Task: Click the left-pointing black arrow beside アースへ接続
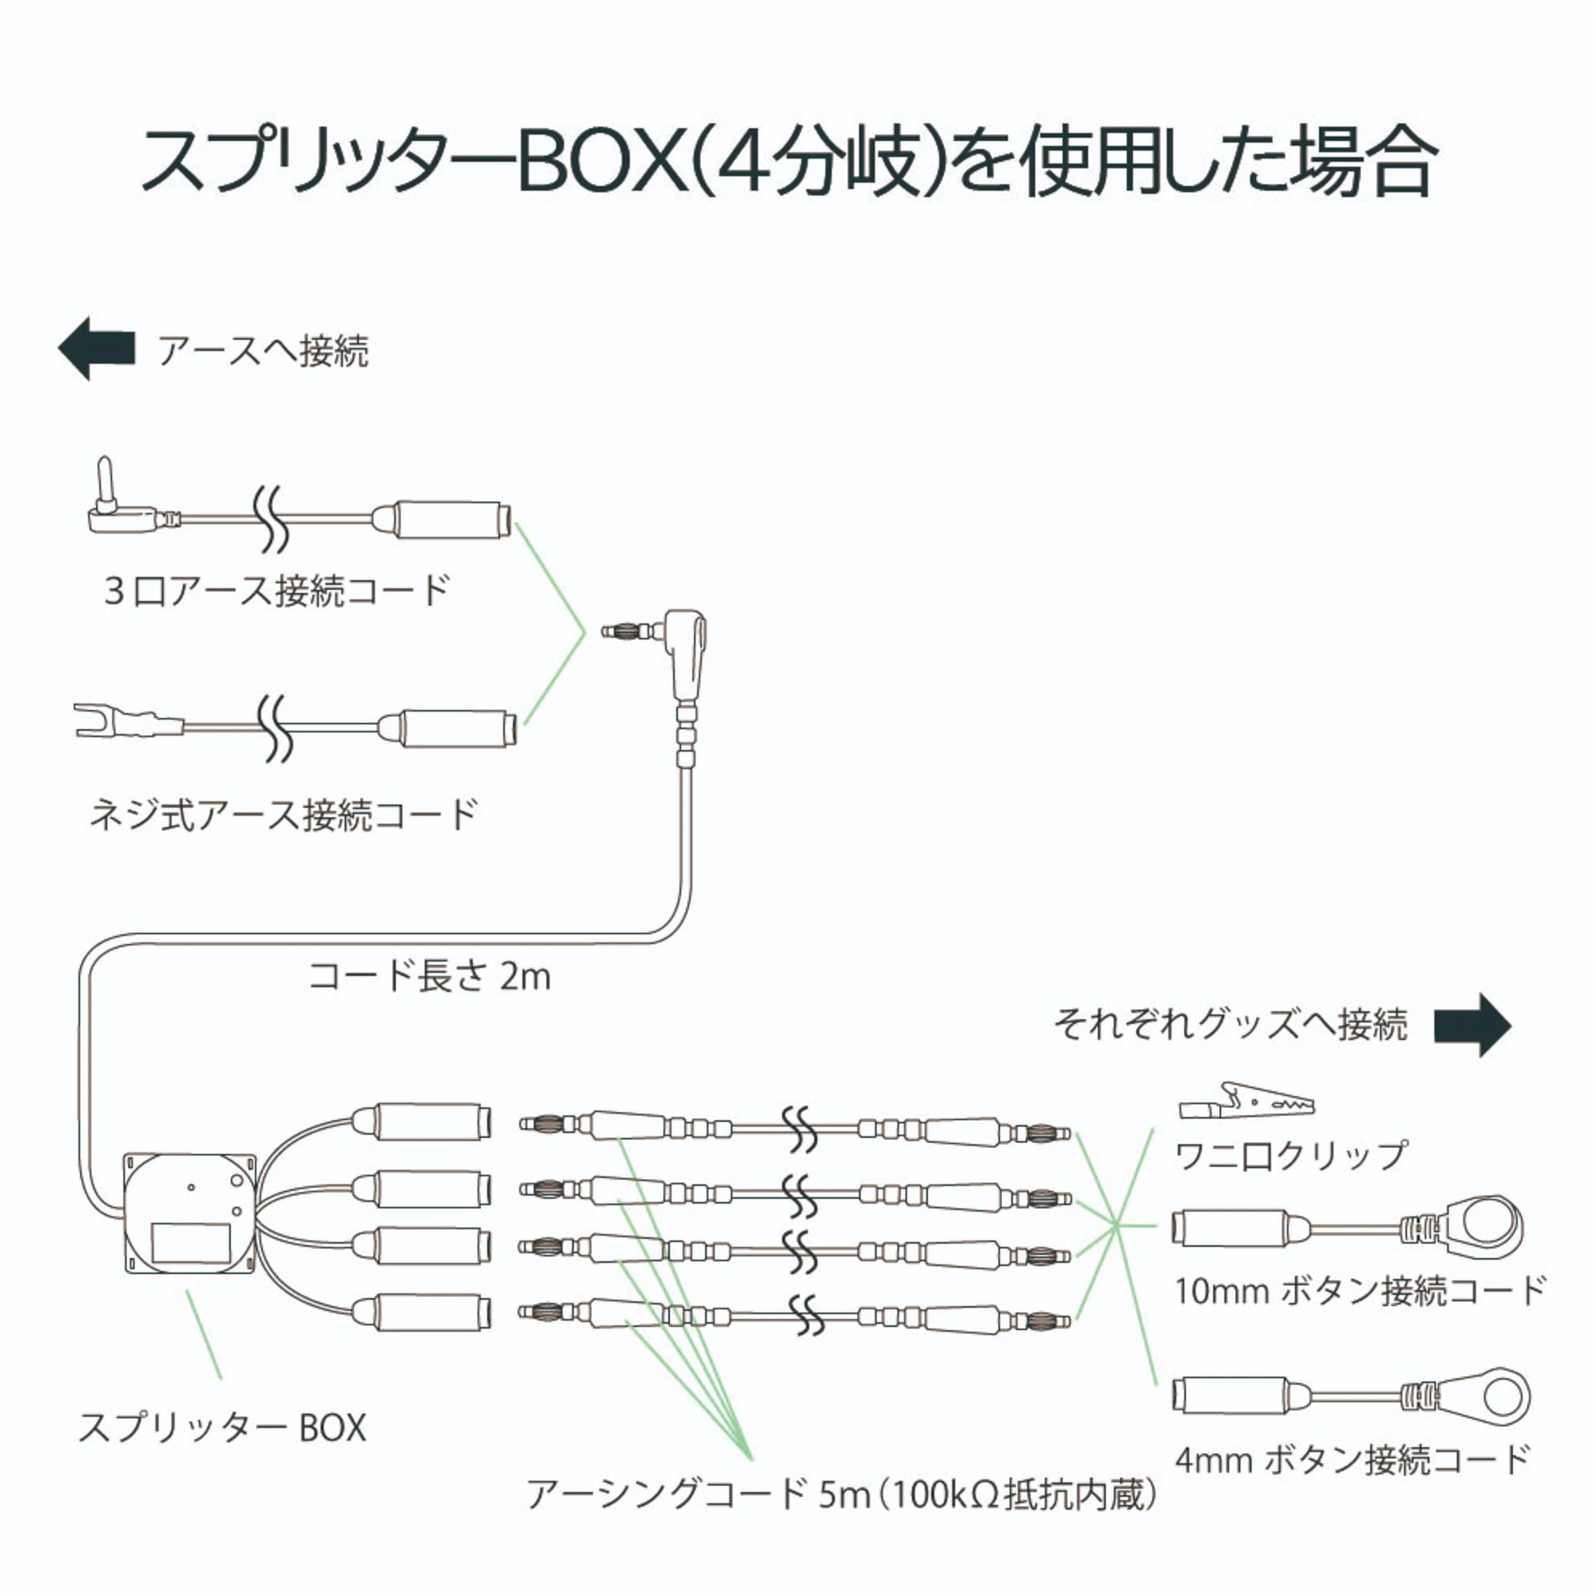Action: pos(96,349)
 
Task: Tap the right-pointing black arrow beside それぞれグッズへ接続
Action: pos(1473,1025)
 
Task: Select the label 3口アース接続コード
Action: pos(276,591)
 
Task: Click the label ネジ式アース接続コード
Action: pos(284,816)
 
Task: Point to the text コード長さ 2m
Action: pos(429,976)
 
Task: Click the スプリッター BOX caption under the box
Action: pos(221,1427)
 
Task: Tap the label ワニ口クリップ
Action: pos(1291,1155)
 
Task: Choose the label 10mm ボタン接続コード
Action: pos(1361,1291)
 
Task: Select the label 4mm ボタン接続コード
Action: pos(1353,1459)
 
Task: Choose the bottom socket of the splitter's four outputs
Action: pos(424,1312)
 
